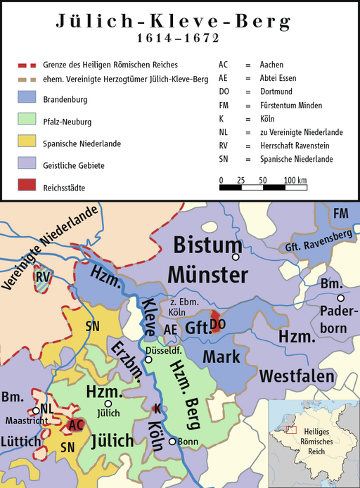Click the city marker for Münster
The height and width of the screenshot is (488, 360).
click(x=236, y=257)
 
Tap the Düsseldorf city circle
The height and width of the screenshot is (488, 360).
click(x=148, y=360)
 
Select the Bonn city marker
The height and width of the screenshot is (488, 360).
click(x=172, y=442)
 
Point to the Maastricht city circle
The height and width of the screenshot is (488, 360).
click(x=35, y=411)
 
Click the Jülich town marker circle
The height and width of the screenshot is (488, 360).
click(x=108, y=404)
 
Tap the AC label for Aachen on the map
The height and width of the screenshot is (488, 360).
click(x=75, y=425)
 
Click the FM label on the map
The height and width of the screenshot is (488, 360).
click(x=341, y=213)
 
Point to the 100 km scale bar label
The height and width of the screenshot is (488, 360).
click(x=295, y=181)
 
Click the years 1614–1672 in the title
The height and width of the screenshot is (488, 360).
click(x=179, y=37)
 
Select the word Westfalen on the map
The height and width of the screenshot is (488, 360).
click(x=297, y=376)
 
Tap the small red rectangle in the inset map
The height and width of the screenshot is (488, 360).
click(x=290, y=430)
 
